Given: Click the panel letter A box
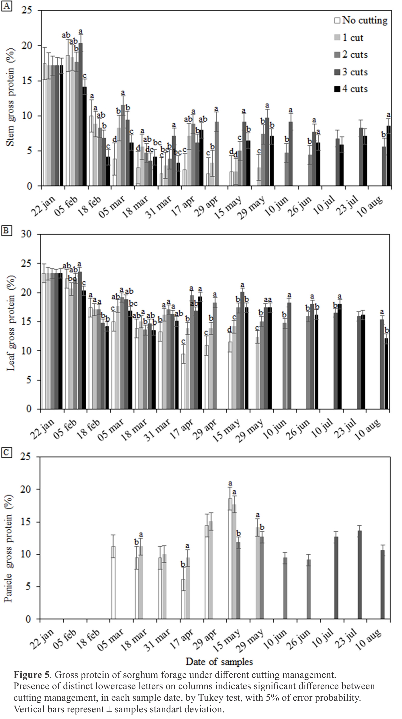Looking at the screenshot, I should pos(7,6).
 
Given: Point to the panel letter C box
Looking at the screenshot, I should pos(6,453).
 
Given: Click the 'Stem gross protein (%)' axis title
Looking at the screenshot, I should pos(11,97).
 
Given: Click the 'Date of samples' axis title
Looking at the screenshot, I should pos(219,661).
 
